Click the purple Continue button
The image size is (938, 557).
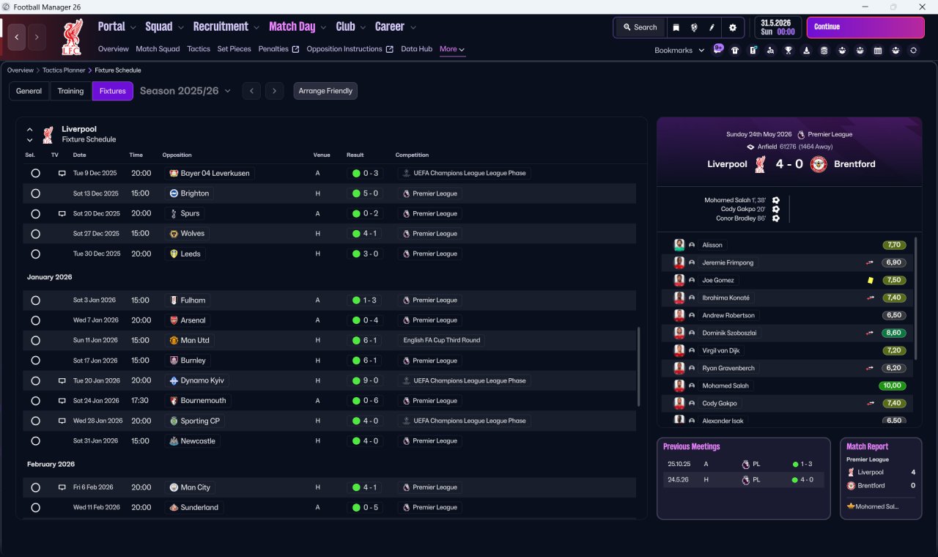865,27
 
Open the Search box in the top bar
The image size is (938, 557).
640,27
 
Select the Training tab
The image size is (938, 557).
70,91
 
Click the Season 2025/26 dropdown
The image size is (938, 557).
185,91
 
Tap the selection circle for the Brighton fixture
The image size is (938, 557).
36,193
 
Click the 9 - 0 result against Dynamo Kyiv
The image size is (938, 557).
371,380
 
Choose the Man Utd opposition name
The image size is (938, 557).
195,341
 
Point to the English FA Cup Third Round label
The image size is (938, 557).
441,341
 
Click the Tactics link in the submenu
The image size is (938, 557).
199,49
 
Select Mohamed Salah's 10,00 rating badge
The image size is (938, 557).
892,386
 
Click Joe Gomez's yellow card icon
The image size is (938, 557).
870,280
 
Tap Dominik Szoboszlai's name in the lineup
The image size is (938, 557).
729,333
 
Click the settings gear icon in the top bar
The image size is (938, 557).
732,27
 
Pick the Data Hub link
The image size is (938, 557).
416,49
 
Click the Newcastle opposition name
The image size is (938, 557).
198,441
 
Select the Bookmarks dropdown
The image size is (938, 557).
679,51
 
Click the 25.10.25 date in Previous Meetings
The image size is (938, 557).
679,464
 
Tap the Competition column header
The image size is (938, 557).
412,155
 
